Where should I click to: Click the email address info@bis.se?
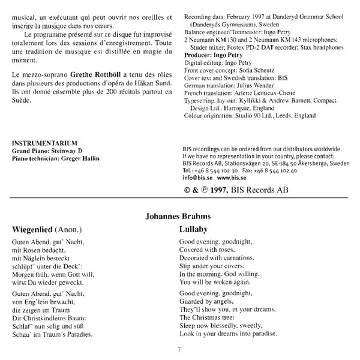coord(196,178)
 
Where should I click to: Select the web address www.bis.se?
coord(230,178)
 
